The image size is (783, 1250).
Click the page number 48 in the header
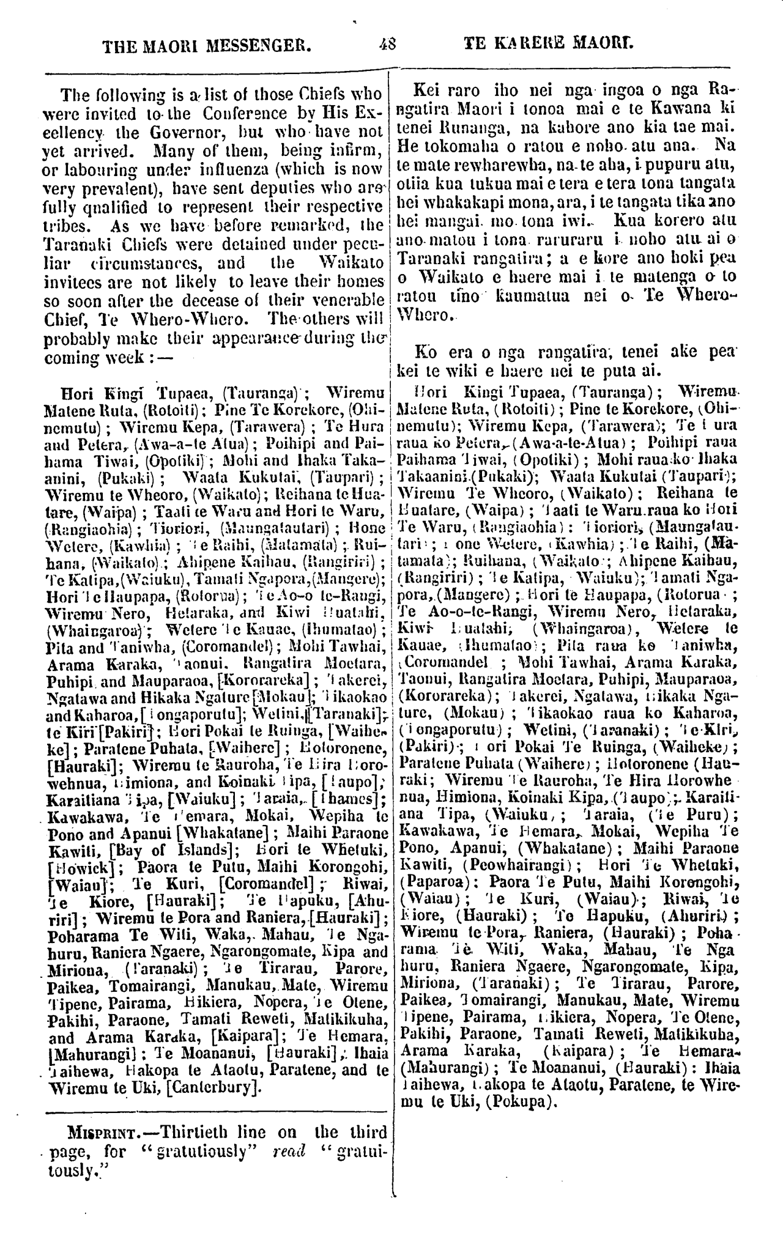388,44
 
